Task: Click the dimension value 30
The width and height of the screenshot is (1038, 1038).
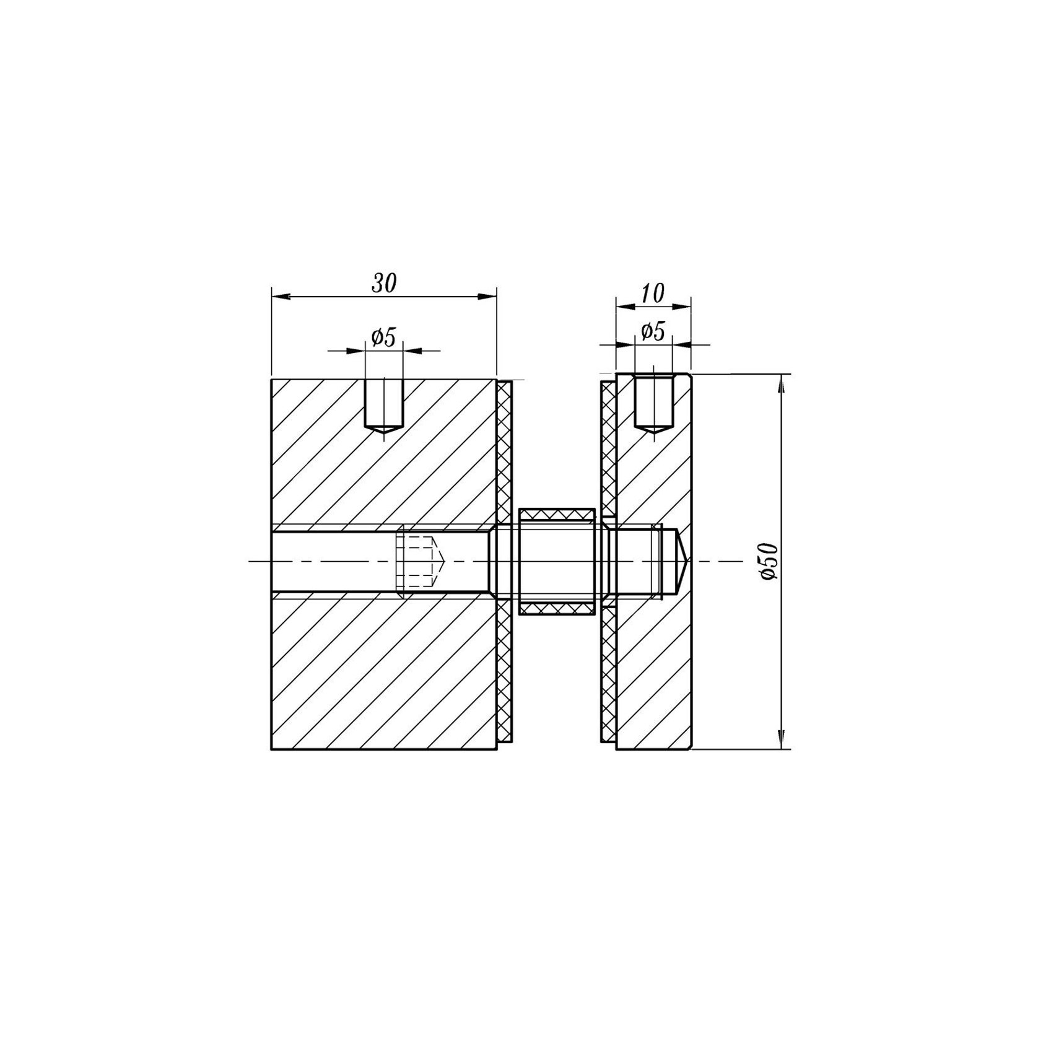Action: pyautogui.click(x=383, y=283)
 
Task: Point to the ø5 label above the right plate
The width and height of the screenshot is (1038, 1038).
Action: pyautogui.click(x=653, y=332)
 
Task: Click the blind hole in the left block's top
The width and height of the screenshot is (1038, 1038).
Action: pyautogui.click(x=384, y=406)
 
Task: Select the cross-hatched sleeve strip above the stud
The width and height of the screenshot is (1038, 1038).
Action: pyautogui.click(x=557, y=514)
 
